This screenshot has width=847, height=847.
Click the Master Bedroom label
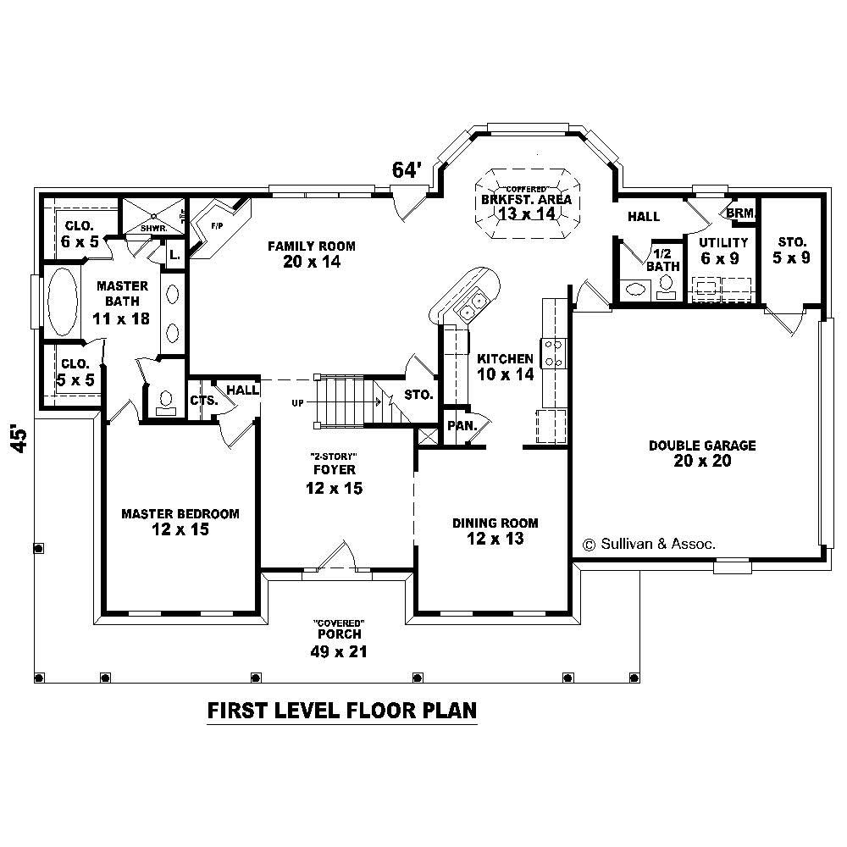point(180,522)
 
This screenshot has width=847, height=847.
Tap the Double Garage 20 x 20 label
point(702,453)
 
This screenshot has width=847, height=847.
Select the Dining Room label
point(495,530)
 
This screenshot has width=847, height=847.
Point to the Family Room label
point(312,253)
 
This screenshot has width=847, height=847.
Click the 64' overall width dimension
point(407,170)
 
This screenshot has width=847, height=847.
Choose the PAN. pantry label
point(462,425)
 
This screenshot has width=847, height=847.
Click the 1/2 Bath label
point(662,260)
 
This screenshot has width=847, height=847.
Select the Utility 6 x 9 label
point(722,251)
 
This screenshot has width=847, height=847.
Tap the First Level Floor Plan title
point(342,710)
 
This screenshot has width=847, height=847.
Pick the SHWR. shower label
point(152,228)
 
